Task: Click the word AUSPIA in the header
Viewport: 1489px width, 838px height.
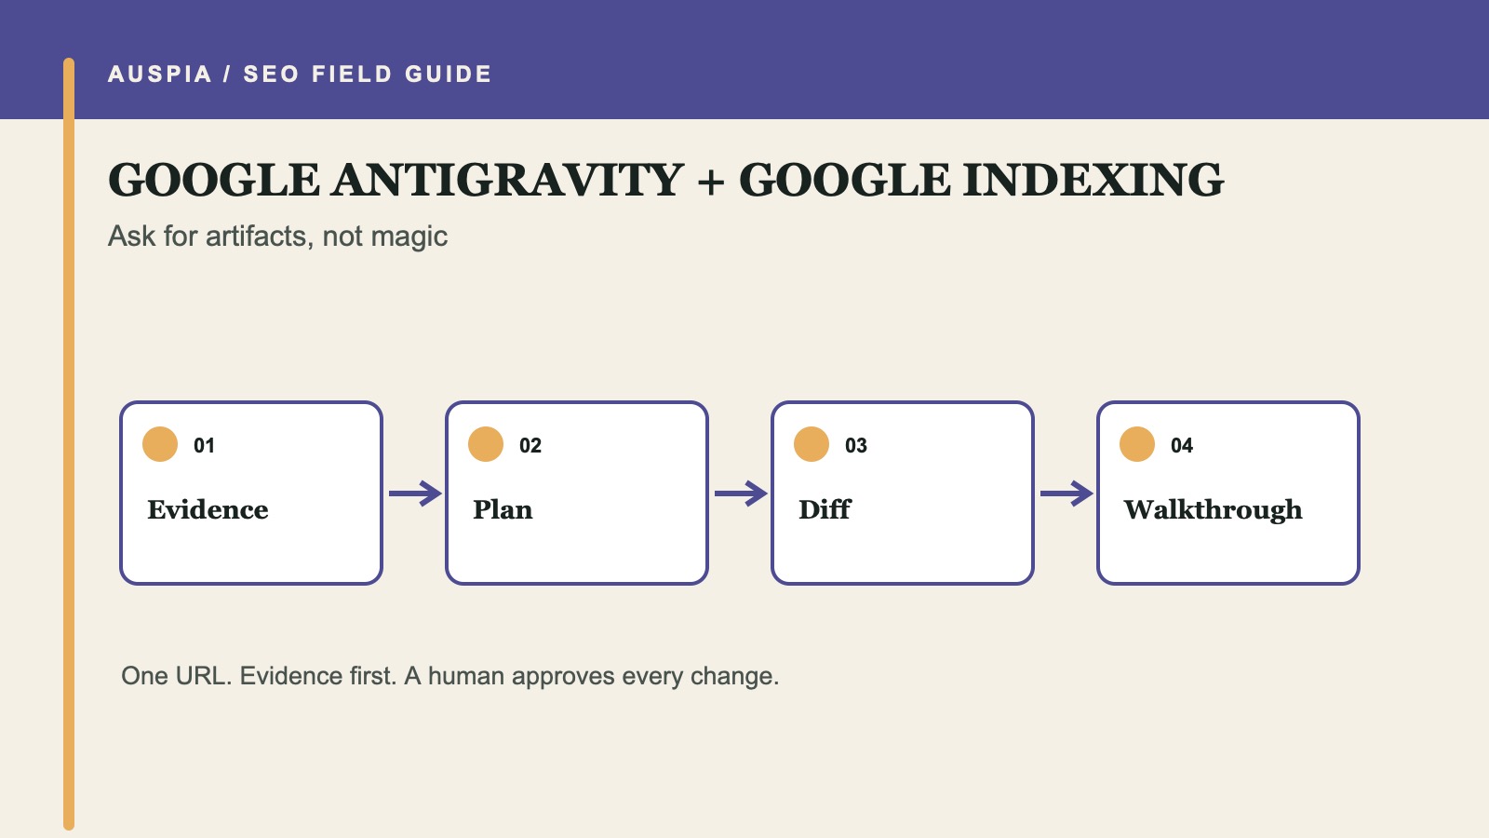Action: coord(159,74)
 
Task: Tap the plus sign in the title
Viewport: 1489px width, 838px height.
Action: coord(711,182)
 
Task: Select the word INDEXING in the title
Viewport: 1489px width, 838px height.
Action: coord(1093,181)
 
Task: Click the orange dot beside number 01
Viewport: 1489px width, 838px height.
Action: coord(160,444)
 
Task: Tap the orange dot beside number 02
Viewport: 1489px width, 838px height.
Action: coord(486,444)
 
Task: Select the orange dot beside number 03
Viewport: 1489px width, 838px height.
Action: coord(812,444)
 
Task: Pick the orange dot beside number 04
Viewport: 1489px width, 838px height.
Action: coord(1137,444)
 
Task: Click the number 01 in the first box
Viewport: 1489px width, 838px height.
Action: coord(204,446)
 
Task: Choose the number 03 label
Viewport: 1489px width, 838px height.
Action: coord(856,446)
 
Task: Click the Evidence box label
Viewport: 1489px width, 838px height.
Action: coord(208,510)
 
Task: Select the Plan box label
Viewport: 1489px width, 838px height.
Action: coord(503,510)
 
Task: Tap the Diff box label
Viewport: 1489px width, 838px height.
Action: coord(825,510)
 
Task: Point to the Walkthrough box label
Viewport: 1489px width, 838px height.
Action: coord(1214,510)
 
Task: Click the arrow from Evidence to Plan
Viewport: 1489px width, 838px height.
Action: coord(415,493)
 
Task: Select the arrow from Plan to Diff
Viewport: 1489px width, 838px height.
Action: coord(741,493)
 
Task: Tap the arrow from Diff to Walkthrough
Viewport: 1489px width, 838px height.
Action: coord(1066,493)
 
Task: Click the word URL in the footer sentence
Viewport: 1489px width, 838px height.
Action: coord(204,676)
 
